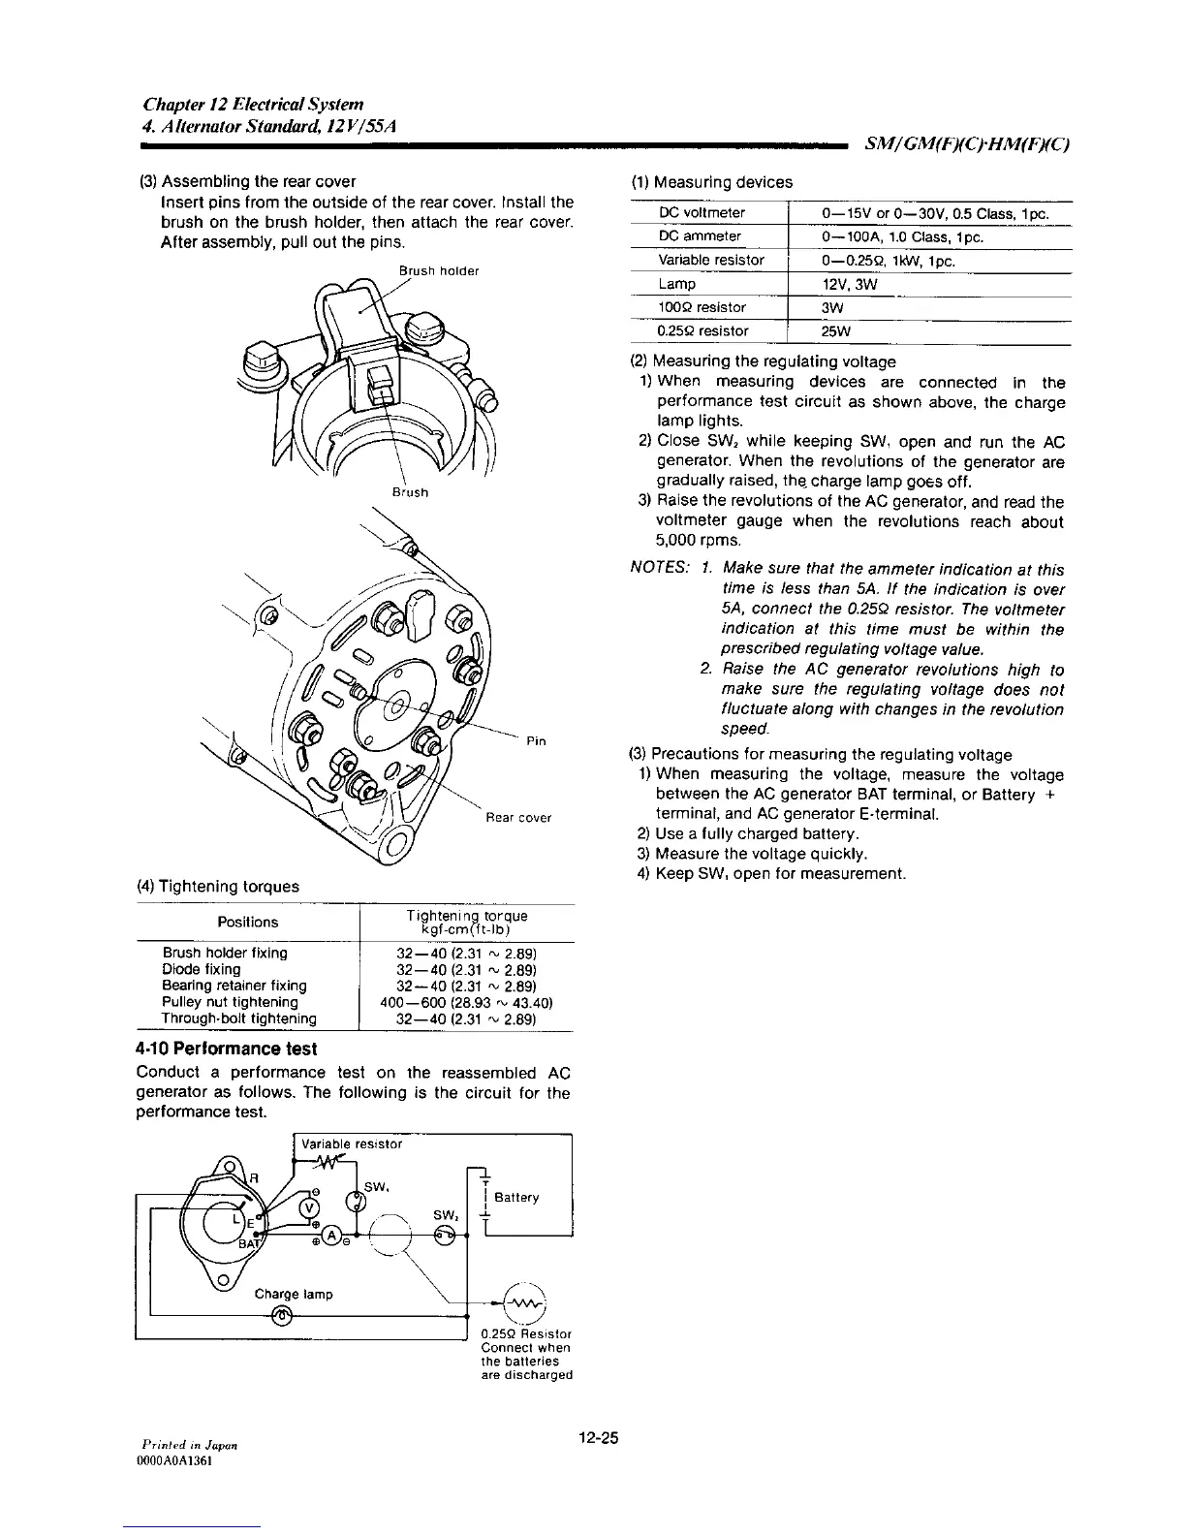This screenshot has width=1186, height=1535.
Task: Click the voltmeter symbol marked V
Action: tap(310, 1206)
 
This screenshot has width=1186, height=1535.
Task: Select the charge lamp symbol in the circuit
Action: tap(283, 1314)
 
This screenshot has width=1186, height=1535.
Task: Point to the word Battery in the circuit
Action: tap(516, 1197)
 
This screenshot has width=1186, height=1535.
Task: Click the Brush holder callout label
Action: tap(439, 271)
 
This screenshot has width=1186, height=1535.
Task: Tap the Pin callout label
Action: tap(536, 741)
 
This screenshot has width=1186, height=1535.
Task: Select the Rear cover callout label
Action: tap(518, 817)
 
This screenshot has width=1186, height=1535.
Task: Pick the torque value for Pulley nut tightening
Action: tap(467, 1002)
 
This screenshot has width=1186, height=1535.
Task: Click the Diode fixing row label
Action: tap(202, 969)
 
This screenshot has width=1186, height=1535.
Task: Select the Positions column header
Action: tap(247, 922)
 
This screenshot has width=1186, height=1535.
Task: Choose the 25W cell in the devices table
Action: tap(836, 331)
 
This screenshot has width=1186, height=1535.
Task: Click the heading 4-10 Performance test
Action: tap(227, 1049)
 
